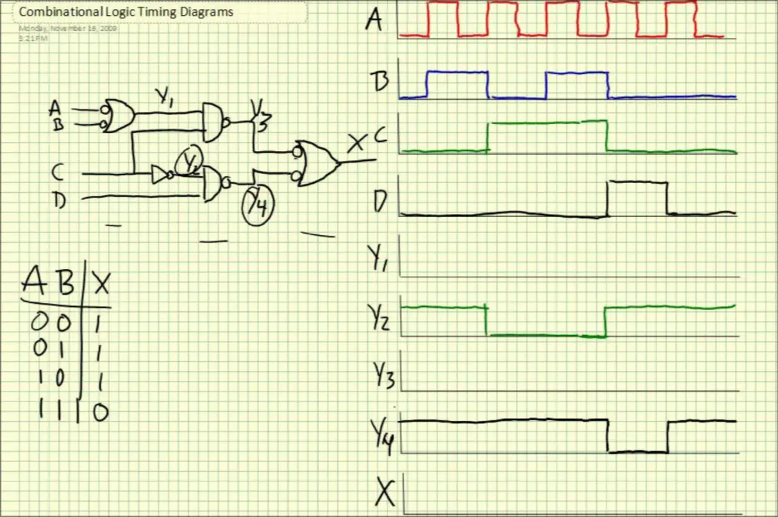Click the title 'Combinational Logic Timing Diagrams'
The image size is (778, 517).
tap(125, 12)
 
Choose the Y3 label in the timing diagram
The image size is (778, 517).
tap(383, 376)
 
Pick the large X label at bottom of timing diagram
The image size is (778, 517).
tap(385, 494)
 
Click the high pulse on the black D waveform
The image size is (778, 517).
tap(638, 183)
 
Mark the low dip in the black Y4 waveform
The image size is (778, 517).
tap(638, 451)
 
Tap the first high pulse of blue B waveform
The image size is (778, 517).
tap(457, 73)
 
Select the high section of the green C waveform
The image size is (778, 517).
tap(547, 122)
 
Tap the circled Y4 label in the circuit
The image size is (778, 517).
tap(256, 203)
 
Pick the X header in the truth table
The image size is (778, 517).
tap(100, 283)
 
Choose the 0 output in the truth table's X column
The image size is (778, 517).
tap(100, 411)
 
